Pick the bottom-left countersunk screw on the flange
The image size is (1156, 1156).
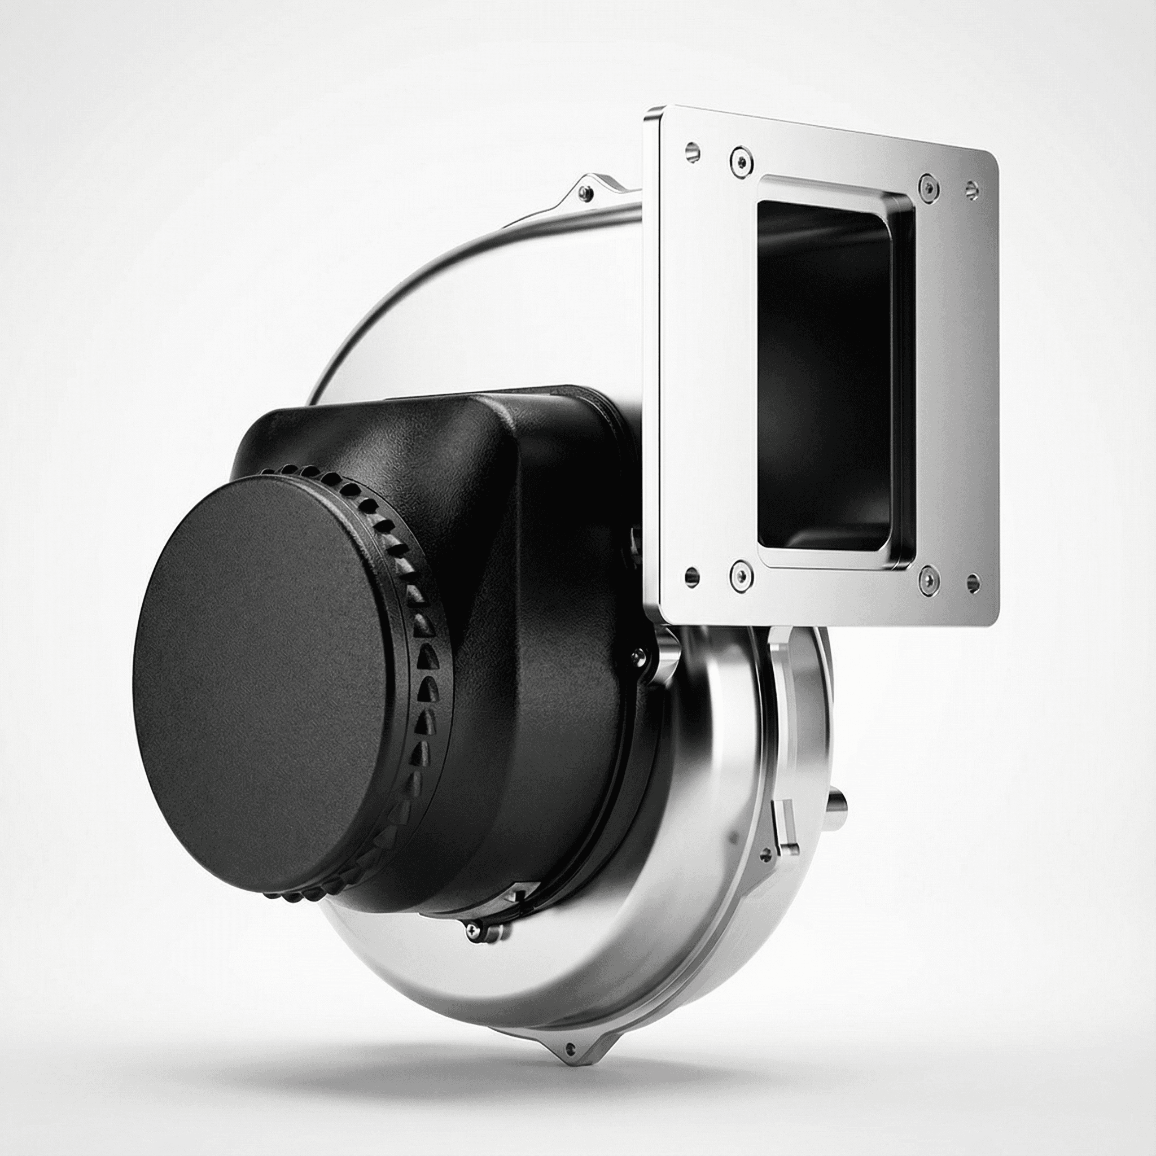pos(741,576)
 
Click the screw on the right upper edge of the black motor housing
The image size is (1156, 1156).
pos(641,654)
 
